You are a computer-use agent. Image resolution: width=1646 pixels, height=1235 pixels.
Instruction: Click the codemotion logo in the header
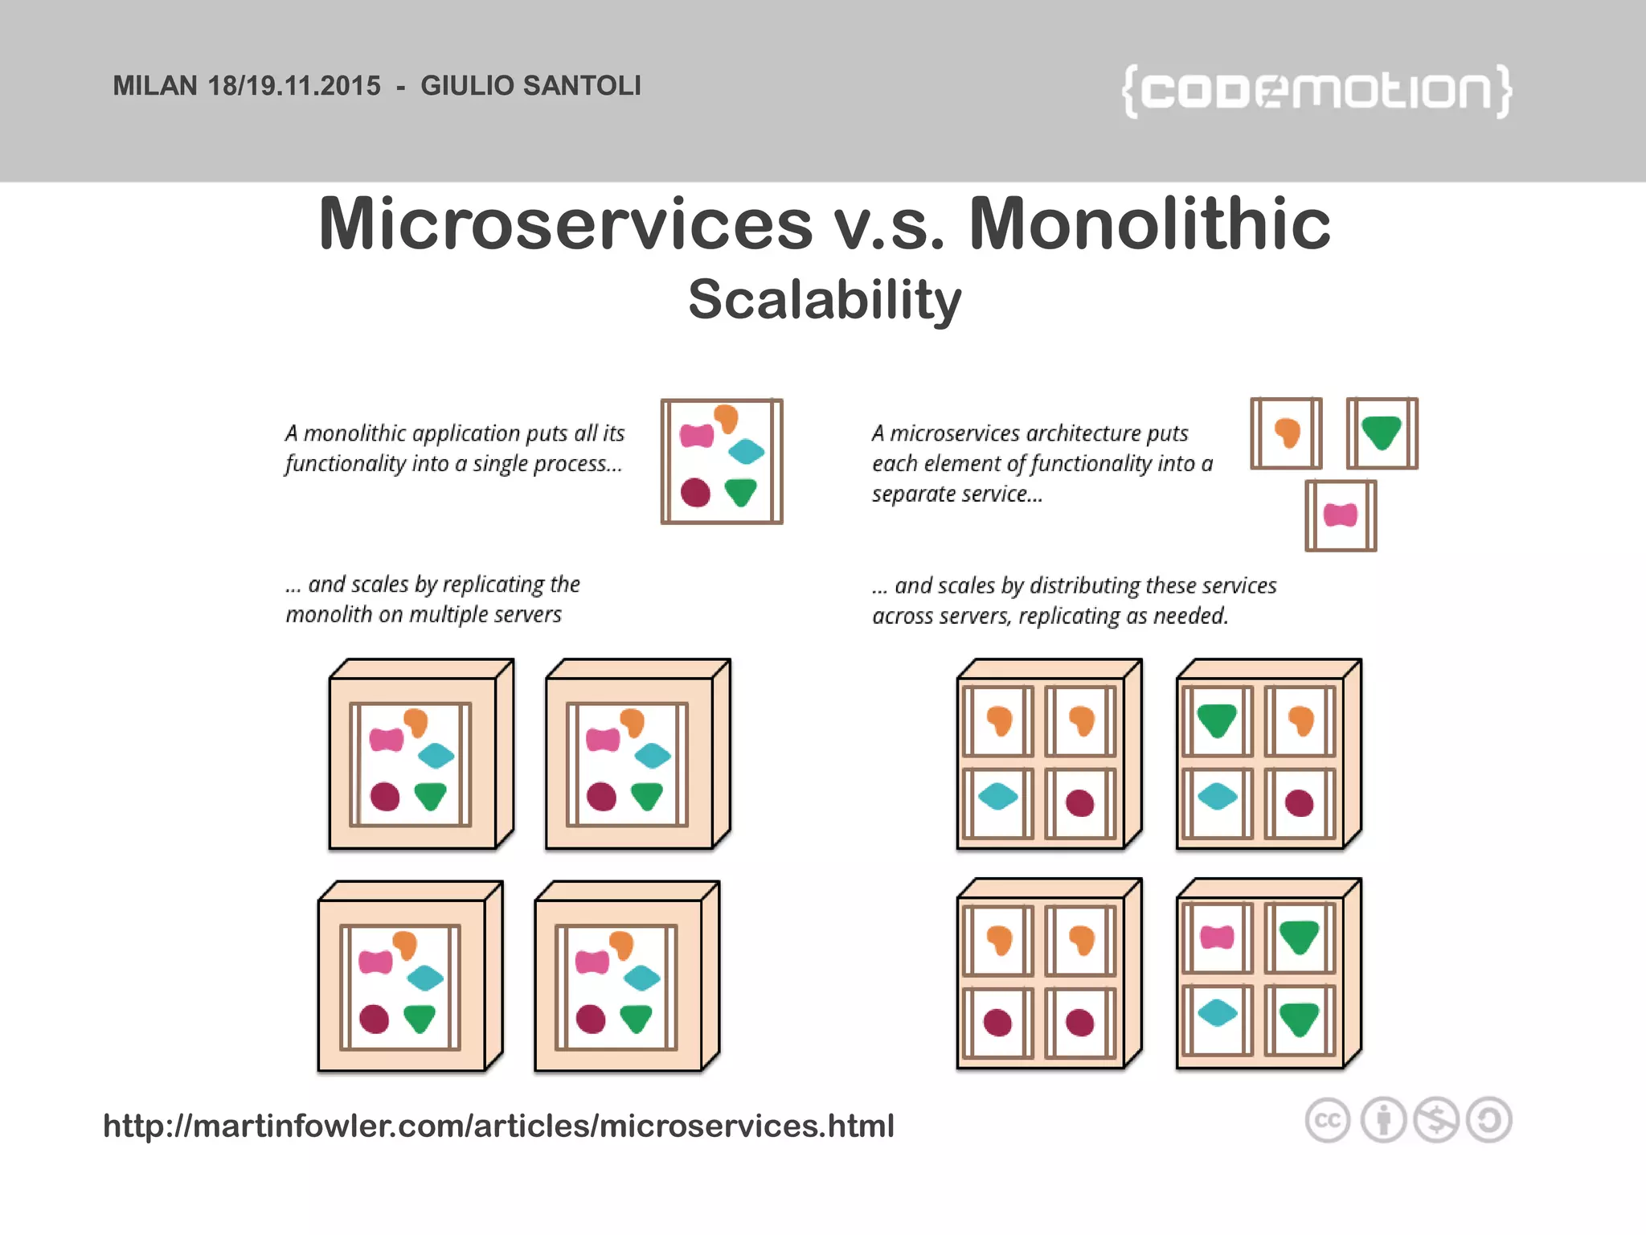coord(1316,90)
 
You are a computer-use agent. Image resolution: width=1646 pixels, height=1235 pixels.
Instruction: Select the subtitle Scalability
coord(825,299)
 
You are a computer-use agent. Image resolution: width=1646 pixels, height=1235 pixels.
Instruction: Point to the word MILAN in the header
coord(155,86)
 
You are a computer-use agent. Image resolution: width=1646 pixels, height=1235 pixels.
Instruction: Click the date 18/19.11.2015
coord(294,86)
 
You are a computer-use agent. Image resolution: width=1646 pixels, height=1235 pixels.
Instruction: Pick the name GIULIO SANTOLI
coord(530,86)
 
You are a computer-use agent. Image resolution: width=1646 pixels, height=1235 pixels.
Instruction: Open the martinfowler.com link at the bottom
coord(498,1126)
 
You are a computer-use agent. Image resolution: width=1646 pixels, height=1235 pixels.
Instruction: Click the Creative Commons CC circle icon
coord(1327,1120)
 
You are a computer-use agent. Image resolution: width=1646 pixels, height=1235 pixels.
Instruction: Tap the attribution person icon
coord(1383,1120)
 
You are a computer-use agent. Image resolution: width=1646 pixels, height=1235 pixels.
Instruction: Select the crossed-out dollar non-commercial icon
coord(1436,1120)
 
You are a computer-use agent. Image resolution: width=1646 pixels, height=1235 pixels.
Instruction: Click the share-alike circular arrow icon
coord(1489,1120)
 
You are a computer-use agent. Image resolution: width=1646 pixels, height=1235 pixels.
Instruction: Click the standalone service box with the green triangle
coord(1382,433)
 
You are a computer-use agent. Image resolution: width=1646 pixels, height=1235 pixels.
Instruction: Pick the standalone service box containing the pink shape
coord(1341,515)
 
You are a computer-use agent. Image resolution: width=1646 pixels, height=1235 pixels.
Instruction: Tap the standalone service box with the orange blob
coord(1287,433)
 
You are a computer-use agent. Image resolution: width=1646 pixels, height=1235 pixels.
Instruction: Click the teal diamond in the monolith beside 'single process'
coord(746,451)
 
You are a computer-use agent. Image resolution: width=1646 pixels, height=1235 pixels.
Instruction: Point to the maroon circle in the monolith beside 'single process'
coord(695,492)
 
